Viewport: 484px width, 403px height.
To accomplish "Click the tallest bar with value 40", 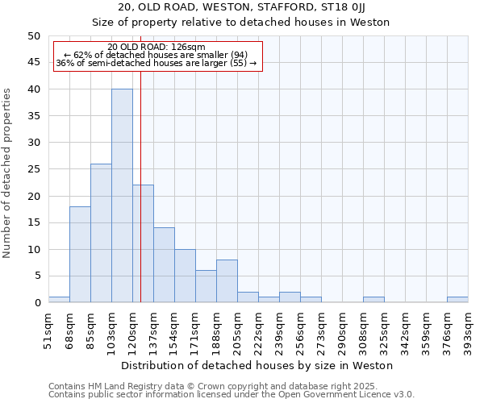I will [122, 196].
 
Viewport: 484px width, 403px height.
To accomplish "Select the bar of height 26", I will [101, 233].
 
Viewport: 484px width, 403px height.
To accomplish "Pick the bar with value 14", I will [164, 265].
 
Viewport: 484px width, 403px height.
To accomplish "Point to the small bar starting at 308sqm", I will [373, 300].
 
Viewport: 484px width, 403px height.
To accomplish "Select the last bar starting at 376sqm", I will [457, 300].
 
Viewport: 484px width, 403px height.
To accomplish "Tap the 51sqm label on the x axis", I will [48, 331].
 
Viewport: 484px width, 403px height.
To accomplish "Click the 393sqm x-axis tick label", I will [468, 331].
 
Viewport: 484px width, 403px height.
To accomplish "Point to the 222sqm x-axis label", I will [258, 331].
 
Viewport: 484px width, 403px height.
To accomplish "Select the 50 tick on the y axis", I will [33, 36].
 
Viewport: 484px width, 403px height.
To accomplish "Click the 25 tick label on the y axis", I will [33, 169].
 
